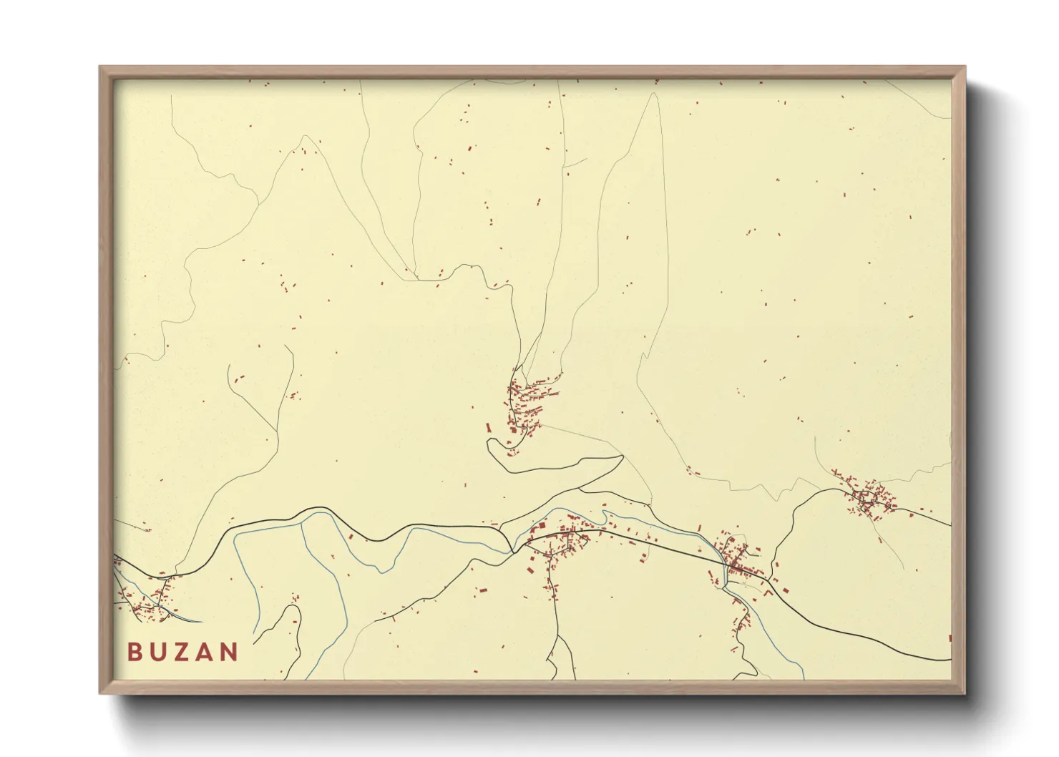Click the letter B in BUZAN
coord(135,652)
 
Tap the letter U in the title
coord(157,652)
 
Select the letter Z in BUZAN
coord(181,652)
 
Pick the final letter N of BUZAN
coord(229,652)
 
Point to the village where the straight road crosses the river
coord(736,562)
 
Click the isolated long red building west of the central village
coord(489,428)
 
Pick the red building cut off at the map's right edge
coord(950,638)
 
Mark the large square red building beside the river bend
coord(542,527)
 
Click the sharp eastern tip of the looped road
coord(623,456)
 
